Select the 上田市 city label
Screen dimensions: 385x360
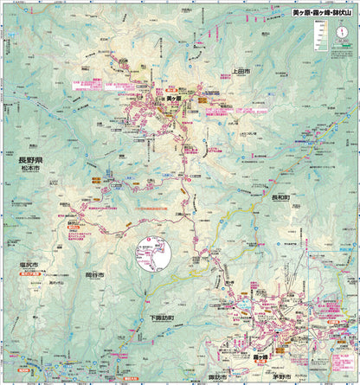click(x=241, y=72)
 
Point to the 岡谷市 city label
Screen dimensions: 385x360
click(x=94, y=274)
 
